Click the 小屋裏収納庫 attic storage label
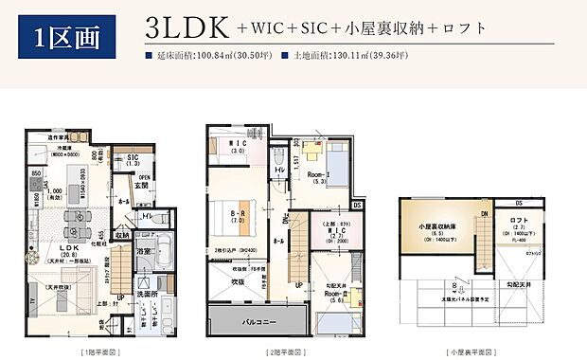click(x=437, y=228)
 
